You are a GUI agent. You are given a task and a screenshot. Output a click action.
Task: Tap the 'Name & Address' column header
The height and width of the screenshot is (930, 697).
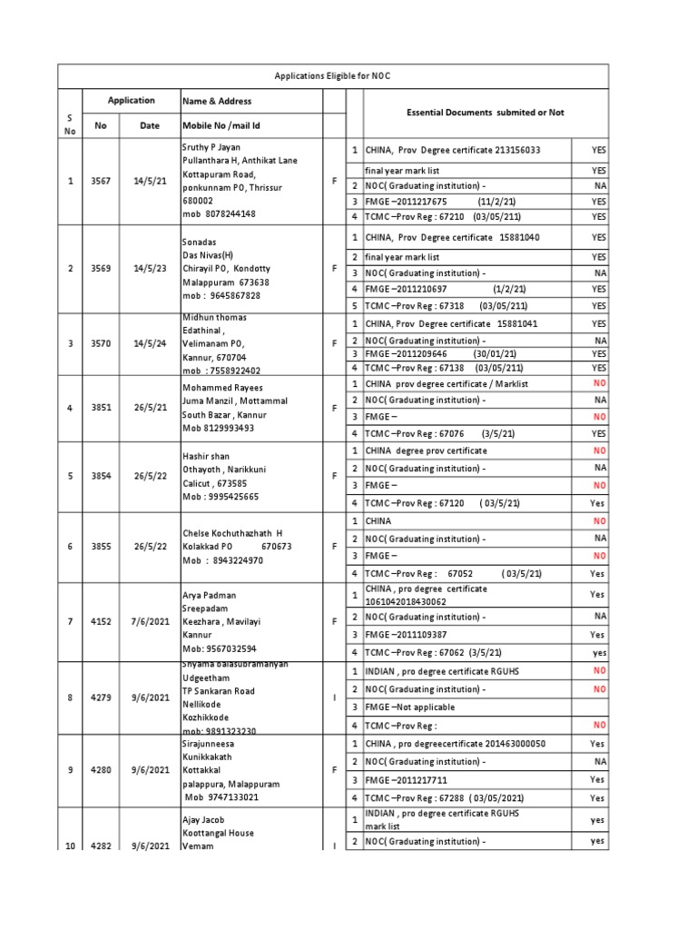217,101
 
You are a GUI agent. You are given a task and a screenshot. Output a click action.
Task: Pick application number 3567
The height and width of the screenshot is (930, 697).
100,182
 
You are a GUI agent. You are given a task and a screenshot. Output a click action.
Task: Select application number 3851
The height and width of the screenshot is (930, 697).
100,408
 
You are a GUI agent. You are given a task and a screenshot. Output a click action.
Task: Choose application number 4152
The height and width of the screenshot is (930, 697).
100,622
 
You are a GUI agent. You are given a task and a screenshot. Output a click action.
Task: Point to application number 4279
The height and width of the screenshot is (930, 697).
100,697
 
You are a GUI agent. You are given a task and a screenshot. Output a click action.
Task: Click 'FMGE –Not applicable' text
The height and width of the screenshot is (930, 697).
410,707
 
